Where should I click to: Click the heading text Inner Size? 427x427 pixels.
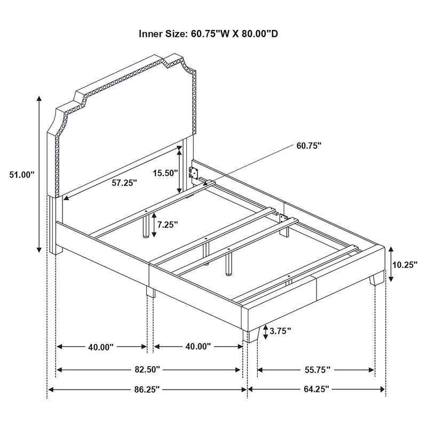tap(161, 34)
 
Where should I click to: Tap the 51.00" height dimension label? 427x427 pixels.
tap(22, 174)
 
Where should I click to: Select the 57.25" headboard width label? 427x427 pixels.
tap(124, 183)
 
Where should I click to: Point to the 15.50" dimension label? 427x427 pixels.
tap(164, 173)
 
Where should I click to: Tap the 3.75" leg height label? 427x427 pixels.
tap(280, 331)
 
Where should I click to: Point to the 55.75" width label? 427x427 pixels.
tap(316, 369)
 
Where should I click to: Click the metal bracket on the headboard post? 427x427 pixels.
tap(195, 172)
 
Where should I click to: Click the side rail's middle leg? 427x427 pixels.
tap(150, 291)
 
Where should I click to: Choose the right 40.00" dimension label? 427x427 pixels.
tap(198, 347)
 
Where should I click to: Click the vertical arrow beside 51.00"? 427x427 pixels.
tap(39, 173)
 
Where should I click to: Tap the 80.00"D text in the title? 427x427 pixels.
tap(260, 34)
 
